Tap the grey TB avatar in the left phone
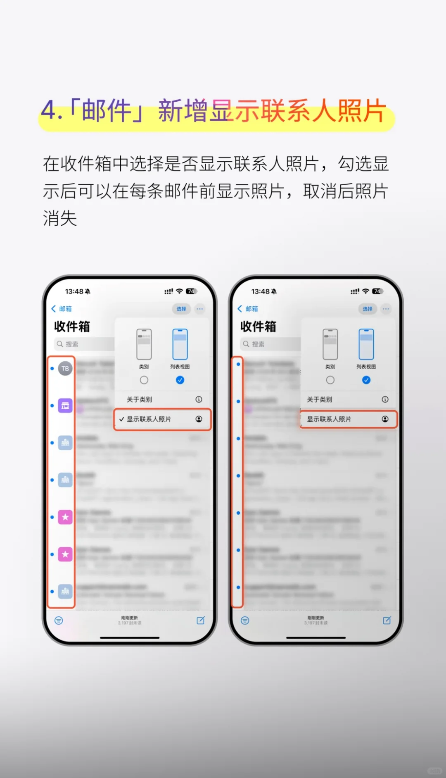65,368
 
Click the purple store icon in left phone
65,406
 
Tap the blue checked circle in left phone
180,380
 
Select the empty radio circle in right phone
330,380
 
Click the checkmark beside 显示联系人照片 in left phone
122,419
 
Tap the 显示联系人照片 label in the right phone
329,419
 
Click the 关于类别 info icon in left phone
199,399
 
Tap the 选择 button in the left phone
181,309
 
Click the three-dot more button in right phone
386,309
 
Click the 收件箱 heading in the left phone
72,327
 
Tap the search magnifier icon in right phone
246,344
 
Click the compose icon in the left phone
201,620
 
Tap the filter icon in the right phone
245,620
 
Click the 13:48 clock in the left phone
74,291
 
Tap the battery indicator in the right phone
377,291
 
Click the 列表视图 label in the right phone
366,367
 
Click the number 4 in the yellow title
50,111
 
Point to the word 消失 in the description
60,218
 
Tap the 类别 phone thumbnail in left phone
144,344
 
